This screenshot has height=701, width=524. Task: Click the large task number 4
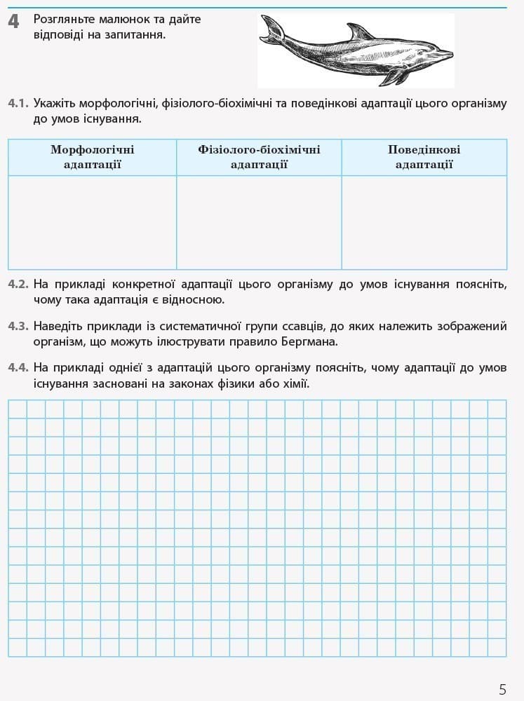pos(13,22)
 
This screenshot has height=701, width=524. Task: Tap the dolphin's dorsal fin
pos(361,32)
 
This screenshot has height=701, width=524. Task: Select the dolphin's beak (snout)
pos(445,54)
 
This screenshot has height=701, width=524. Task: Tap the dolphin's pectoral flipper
pos(398,75)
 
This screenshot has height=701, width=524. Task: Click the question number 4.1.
pos(18,104)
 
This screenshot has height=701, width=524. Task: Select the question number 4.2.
pos(18,285)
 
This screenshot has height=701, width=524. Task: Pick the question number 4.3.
pos(18,326)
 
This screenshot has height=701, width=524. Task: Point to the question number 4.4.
pos(18,368)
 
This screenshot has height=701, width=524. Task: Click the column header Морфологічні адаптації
pos(93,157)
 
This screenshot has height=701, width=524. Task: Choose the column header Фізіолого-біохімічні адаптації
pos(259,157)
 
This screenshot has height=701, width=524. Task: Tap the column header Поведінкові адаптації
pos(424,157)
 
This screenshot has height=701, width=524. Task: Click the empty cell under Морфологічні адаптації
pos(93,222)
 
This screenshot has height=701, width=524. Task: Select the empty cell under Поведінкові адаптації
pos(424,222)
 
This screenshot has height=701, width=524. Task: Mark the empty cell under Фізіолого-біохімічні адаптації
pos(259,222)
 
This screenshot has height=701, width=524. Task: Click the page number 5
pos(502,689)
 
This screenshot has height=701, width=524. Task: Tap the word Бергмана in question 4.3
pos(307,342)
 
